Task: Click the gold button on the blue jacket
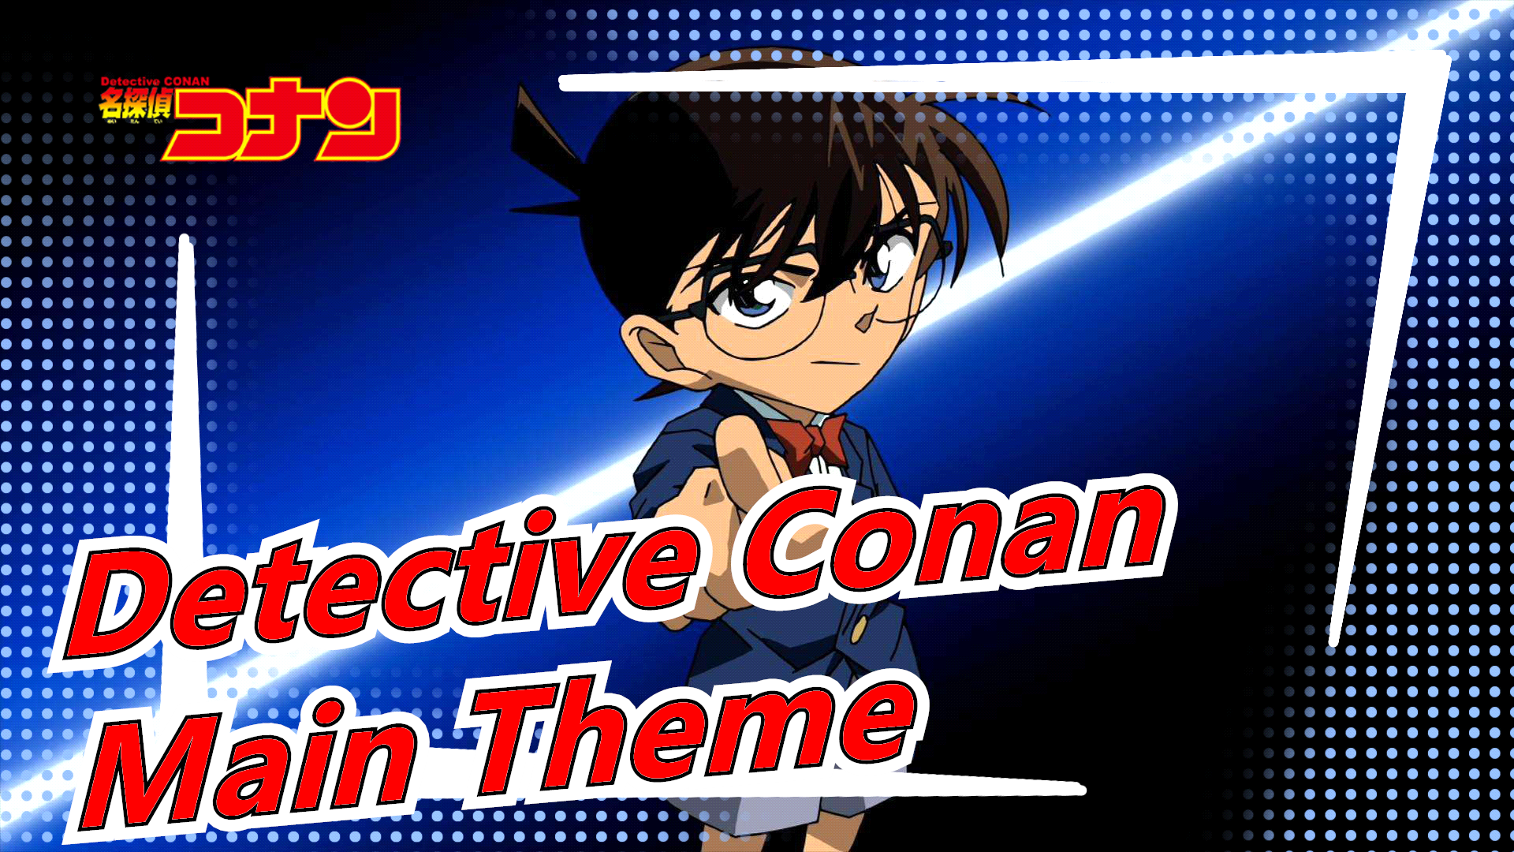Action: (859, 629)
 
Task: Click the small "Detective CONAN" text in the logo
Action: (155, 81)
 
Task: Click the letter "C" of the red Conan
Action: (789, 544)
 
